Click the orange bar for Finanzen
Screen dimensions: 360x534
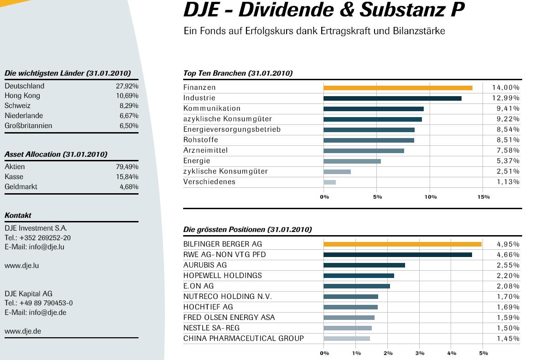point(397,87)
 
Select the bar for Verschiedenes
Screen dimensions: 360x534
point(329,182)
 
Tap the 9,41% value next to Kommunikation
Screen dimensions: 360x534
point(506,109)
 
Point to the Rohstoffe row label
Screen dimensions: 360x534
point(200,140)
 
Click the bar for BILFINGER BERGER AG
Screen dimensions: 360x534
point(402,244)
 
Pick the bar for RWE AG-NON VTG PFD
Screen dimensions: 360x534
point(397,255)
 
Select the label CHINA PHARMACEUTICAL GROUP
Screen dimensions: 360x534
point(243,339)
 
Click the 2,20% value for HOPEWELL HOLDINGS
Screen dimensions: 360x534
point(508,276)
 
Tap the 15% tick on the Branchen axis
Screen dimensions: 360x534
point(483,197)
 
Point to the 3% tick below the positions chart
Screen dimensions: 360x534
point(420,353)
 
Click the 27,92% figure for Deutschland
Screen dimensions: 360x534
point(127,86)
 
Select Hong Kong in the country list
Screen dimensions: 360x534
point(22,96)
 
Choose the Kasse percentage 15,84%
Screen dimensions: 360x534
point(127,177)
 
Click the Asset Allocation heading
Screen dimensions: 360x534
point(56,154)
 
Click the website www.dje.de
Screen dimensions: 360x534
point(23,331)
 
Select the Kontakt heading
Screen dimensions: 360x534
point(18,216)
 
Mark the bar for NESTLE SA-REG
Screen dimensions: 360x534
point(347,328)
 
